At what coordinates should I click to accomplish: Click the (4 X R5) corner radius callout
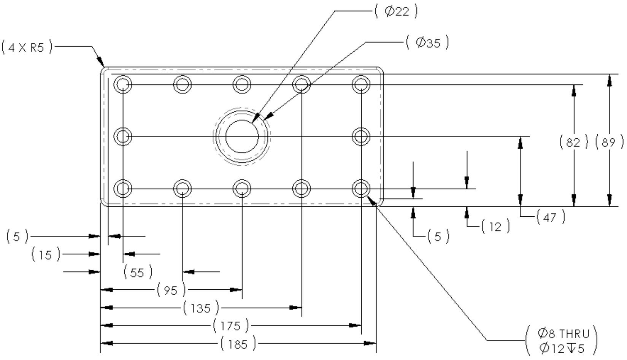(x=27, y=47)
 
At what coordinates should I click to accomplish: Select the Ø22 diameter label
(x=396, y=11)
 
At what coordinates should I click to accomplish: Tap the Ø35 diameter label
(x=427, y=43)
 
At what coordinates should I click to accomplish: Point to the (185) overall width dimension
(x=238, y=344)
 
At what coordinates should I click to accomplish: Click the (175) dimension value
(x=231, y=325)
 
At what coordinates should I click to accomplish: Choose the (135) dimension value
(x=201, y=308)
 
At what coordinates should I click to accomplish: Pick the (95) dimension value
(x=171, y=290)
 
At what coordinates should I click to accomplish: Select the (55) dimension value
(x=138, y=272)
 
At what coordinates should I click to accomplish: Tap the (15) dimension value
(x=46, y=254)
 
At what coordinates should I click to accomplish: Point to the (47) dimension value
(x=551, y=217)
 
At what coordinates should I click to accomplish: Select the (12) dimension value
(x=495, y=226)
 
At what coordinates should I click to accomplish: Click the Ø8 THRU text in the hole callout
(x=563, y=334)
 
